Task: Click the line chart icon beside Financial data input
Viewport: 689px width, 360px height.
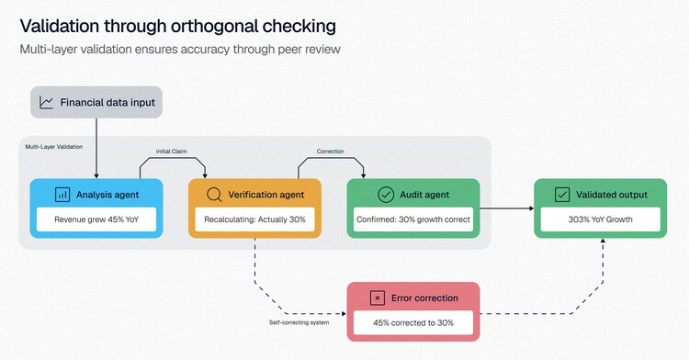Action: (x=46, y=102)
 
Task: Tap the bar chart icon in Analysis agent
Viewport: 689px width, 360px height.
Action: (x=62, y=195)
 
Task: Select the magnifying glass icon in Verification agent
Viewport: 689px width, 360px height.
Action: (x=214, y=195)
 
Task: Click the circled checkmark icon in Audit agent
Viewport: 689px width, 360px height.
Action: (x=386, y=195)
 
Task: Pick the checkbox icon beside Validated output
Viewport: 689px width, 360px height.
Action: (x=562, y=195)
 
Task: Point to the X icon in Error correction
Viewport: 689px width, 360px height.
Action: (x=377, y=298)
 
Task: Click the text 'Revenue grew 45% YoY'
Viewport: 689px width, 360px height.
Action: (x=96, y=219)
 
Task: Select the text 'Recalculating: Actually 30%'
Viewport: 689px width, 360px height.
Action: (x=254, y=219)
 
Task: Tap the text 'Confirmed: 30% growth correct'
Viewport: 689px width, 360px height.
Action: (x=413, y=219)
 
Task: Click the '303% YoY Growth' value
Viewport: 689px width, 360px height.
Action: (x=600, y=219)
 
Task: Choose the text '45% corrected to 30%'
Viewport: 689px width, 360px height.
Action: (x=413, y=322)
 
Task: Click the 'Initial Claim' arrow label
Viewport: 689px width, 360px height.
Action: (x=172, y=152)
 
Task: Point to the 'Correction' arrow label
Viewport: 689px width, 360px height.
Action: (x=331, y=152)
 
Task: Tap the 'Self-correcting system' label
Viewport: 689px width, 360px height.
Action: (x=299, y=322)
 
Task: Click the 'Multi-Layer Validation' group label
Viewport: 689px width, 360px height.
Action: (x=53, y=147)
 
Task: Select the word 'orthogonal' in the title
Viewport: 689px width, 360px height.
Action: (x=214, y=27)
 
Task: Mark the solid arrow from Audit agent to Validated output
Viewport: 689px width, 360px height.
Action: (x=506, y=208)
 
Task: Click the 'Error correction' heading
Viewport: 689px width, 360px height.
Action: (x=424, y=298)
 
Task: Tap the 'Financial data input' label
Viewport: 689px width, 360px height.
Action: (x=107, y=103)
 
